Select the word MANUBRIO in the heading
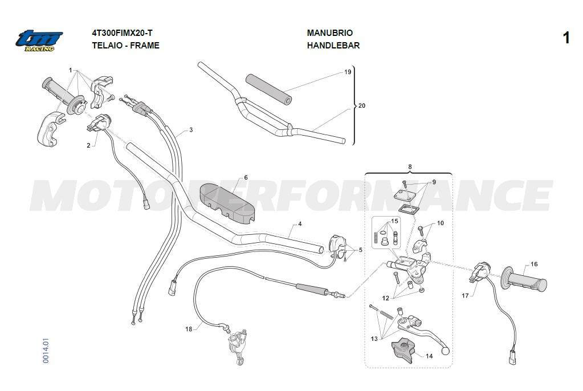coord(329,33)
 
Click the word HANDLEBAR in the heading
coord(333,46)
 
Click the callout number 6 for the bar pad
coord(246,177)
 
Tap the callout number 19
coord(348,72)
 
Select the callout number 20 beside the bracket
coord(362,106)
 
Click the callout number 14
coord(429,356)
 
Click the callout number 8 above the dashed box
coord(410,166)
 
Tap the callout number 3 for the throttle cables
coord(191,130)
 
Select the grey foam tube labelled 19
coord(268,88)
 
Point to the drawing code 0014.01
coord(46,349)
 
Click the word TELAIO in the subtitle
coord(107,46)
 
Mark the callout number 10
coord(440,223)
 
